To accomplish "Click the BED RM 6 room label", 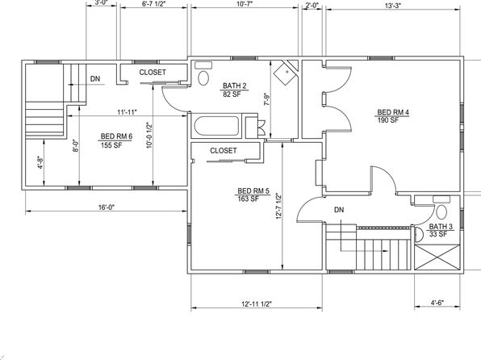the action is pos(116,136).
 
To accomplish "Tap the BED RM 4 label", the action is pos(393,112).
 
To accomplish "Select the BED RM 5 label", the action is pos(253,191).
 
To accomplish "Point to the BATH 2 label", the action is pos(234,86).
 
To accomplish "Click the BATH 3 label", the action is pos(441,227).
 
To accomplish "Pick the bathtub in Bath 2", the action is pos(216,126).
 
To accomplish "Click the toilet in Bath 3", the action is pos(441,207).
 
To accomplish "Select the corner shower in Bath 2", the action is pos(286,73).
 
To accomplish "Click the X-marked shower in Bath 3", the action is pos(437,257).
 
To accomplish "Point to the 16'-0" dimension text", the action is pos(107,207).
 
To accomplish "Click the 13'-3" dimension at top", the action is pos(393,6).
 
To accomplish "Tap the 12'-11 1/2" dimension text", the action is pos(257,303).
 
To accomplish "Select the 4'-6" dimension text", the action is pos(437,303).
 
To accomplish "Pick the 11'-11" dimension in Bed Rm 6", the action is pos(127,112).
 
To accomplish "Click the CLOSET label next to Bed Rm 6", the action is pos(153,73).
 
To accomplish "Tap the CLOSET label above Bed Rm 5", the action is pos(224,151).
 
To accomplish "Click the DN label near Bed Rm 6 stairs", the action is pos(95,79).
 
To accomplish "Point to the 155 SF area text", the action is pos(111,144).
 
